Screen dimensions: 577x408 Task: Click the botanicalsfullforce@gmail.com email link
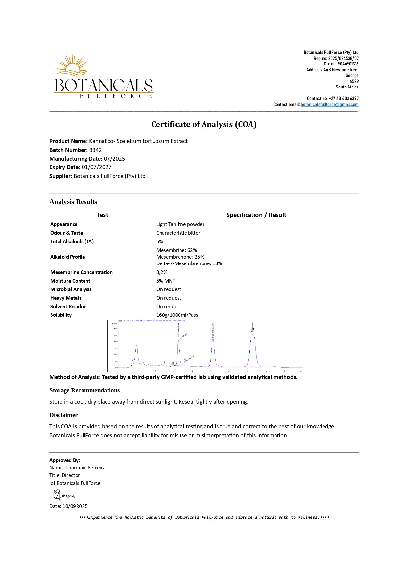(329, 104)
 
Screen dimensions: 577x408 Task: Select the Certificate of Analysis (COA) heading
(204, 124)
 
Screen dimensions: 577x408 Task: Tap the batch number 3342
(95, 150)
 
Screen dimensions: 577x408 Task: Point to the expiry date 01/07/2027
(97, 167)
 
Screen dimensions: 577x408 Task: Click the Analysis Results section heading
(73, 202)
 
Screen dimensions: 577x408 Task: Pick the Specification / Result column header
(256, 215)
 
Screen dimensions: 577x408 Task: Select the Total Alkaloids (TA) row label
(72, 241)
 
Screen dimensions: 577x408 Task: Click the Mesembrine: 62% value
(177, 250)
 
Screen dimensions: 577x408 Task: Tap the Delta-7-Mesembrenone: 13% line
(189, 263)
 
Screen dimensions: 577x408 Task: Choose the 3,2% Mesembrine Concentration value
(162, 272)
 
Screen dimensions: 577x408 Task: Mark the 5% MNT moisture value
(166, 281)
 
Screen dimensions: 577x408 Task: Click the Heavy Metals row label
(66, 298)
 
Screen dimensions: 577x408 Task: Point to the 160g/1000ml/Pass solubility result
(177, 315)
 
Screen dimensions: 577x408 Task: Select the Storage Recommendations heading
(84, 390)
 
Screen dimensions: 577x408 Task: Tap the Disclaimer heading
(63, 415)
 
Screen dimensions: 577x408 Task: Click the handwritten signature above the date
(63, 495)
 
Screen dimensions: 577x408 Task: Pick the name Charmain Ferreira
(85, 468)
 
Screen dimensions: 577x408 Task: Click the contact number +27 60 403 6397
(344, 98)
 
